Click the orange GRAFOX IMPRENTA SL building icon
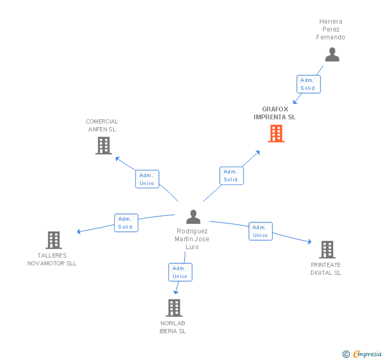276,133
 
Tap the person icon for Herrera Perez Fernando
332,55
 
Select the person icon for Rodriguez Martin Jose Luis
193,217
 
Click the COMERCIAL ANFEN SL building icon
104,146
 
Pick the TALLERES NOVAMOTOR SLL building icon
54,240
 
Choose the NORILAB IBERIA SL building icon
174,308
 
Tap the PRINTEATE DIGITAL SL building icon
327,250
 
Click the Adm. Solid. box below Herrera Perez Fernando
308,84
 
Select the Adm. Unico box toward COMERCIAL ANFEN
147,179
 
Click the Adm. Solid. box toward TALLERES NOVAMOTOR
126,223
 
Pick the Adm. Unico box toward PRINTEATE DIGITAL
260,231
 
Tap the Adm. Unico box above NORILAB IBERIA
180,272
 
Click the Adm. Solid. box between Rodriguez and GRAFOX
231,176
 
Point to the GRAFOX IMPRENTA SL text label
275,113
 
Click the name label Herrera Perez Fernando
330,29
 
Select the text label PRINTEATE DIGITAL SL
326,269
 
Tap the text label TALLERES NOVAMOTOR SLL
52,260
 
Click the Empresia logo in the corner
367,354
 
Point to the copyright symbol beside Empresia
346,354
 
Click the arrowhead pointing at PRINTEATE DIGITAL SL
309,242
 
